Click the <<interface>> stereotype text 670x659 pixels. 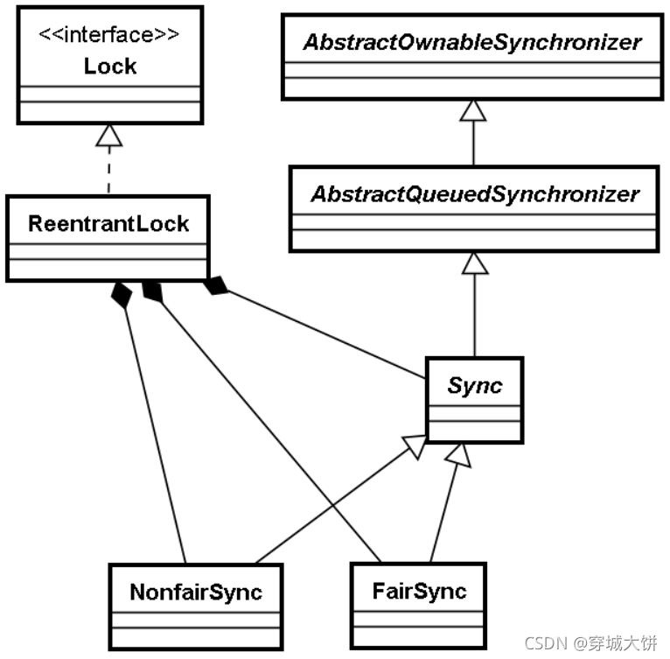(x=109, y=37)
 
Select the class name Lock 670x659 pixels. (x=109, y=66)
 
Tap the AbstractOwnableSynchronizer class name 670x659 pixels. (x=472, y=41)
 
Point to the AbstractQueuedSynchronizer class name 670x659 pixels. (x=472, y=193)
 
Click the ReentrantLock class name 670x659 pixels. (x=108, y=224)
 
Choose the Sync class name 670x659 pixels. (x=474, y=386)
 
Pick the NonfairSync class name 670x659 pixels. (x=195, y=592)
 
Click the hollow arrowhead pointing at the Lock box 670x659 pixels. (x=108, y=135)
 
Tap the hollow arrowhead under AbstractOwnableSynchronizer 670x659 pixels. (x=473, y=110)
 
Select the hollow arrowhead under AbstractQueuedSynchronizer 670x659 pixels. (x=473, y=263)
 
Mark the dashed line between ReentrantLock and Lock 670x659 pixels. (x=108, y=171)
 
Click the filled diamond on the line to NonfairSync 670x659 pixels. (x=122, y=295)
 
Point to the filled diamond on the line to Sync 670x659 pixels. (x=216, y=286)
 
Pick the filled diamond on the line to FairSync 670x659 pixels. (x=153, y=291)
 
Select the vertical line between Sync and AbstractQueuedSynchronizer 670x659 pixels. (x=473, y=315)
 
